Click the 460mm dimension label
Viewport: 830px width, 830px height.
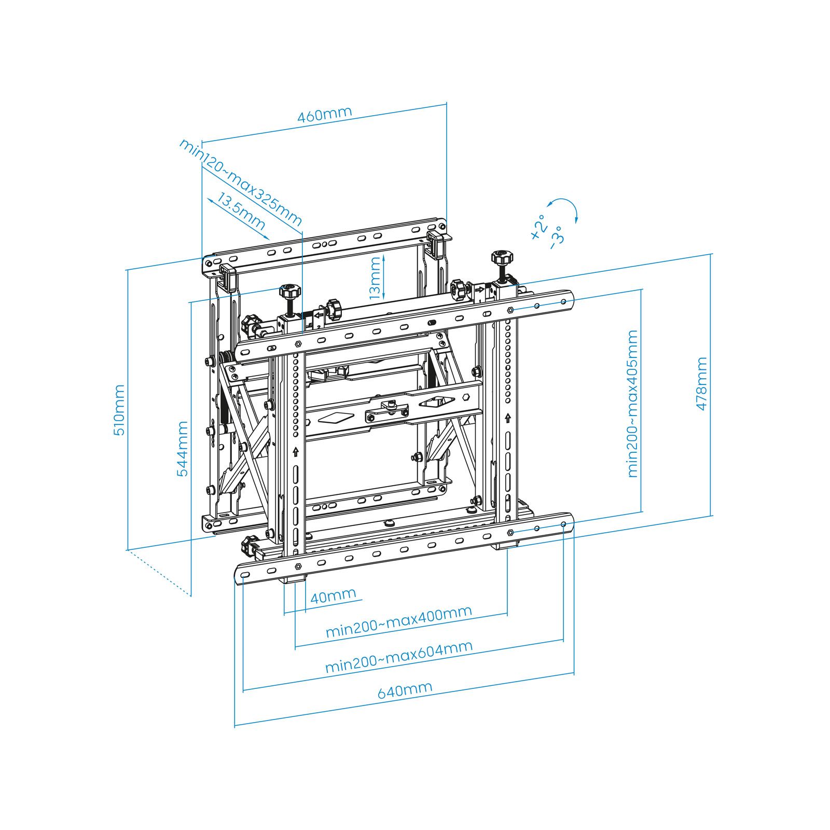coord(325,114)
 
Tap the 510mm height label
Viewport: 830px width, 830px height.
coord(119,410)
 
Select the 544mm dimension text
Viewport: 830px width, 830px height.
coord(183,449)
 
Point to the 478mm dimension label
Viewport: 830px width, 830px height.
coord(701,384)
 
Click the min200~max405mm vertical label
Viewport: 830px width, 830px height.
coord(632,404)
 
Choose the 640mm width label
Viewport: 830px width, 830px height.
coord(405,690)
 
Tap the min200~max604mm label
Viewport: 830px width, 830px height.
coord(399,656)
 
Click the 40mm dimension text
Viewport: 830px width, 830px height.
coord(333,596)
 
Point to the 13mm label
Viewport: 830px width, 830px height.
coord(375,279)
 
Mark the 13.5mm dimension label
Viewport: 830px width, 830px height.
coord(241,211)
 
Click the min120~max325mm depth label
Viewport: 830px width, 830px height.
coord(240,182)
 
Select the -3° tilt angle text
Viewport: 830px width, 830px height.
coord(556,238)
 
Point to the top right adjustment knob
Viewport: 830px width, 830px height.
coord(502,258)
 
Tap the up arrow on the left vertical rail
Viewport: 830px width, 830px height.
coord(296,452)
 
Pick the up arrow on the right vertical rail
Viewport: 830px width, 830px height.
coord(508,418)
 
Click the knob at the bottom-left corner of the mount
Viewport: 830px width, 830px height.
coord(250,544)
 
